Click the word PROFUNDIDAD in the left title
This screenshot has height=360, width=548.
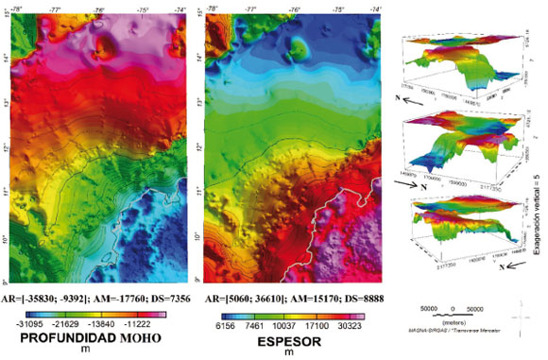pyautogui.click(x=68, y=337)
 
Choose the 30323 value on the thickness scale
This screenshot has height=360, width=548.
pyautogui.click(x=351, y=324)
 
